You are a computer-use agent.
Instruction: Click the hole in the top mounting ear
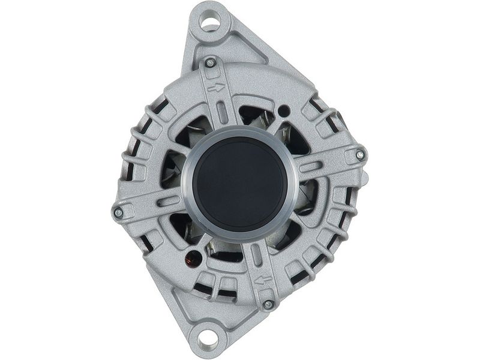[x=209, y=23]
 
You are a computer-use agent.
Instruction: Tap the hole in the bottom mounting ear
[x=208, y=338]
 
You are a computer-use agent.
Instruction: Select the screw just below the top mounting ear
[x=210, y=62]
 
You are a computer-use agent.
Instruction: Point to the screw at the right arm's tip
[x=359, y=155]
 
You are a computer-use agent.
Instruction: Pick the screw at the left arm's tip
[x=118, y=212]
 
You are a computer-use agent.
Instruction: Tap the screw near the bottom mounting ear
[x=268, y=304]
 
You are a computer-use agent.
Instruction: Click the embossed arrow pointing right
[x=216, y=88]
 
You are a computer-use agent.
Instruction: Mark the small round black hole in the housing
[x=284, y=111]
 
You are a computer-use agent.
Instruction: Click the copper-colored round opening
[x=193, y=259]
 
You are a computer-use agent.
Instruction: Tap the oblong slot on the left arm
[x=169, y=201]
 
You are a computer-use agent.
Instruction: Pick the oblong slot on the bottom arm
[x=257, y=254]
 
